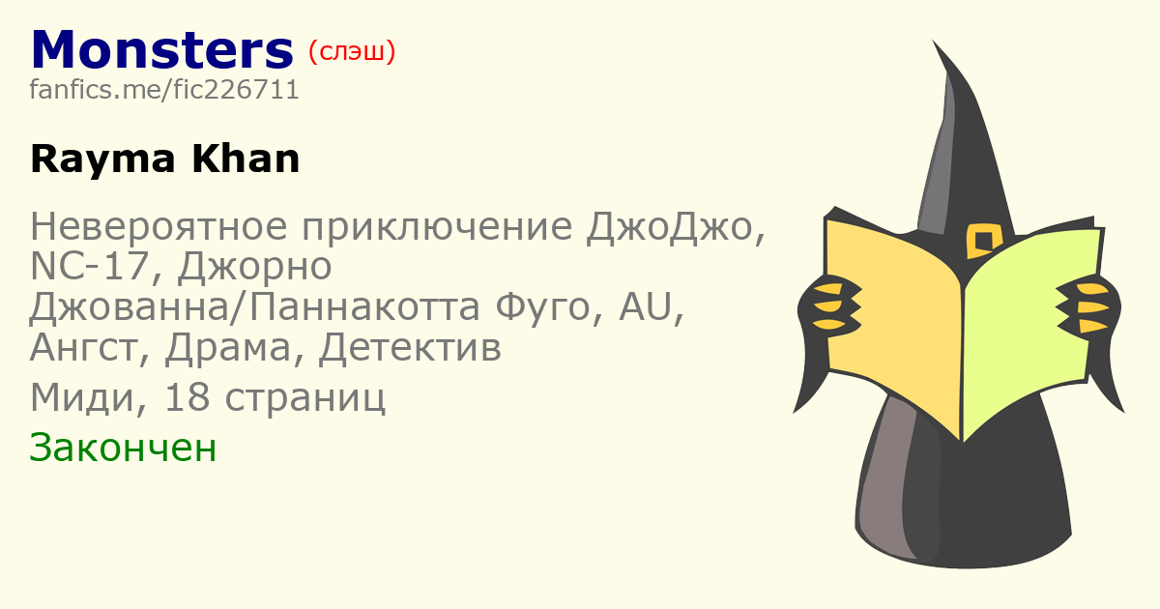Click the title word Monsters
click(x=162, y=49)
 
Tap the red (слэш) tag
click(x=352, y=52)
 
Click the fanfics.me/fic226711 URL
click(x=164, y=90)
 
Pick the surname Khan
click(x=246, y=159)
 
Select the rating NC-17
click(x=90, y=267)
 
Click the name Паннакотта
click(x=364, y=306)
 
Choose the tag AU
click(x=647, y=306)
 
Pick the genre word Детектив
click(x=410, y=348)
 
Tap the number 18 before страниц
click(x=187, y=397)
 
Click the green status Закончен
click(x=123, y=448)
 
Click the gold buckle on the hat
click(x=983, y=241)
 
